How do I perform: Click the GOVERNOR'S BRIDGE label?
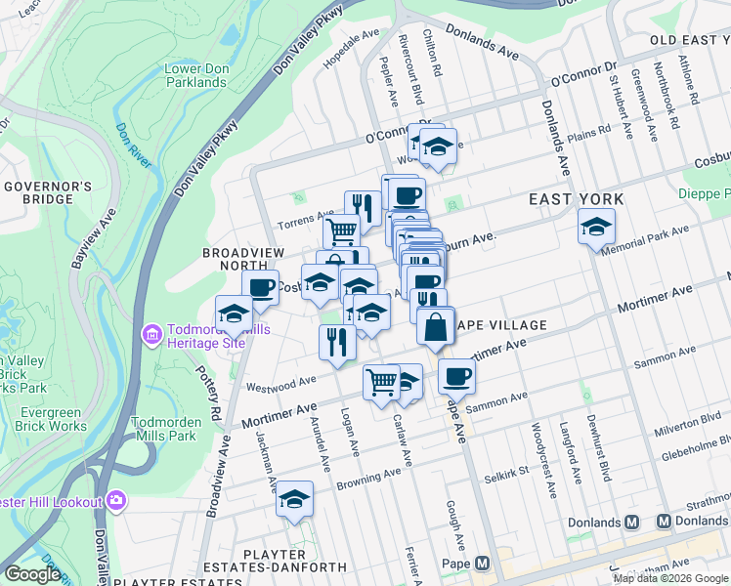[x=47, y=192]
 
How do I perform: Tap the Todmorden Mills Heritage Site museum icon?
[x=151, y=335]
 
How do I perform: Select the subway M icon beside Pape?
[x=483, y=564]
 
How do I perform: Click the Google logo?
[x=32, y=574]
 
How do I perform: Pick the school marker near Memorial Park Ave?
[x=596, y=229]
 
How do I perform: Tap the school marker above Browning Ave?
[x=294, y=499]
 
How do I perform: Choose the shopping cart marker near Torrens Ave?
[x=341, y=232]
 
